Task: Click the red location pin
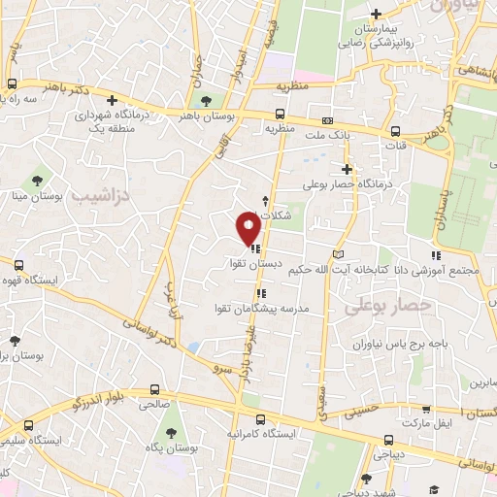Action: click(x=248, y=227)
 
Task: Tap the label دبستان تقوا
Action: click(x=235, y=263)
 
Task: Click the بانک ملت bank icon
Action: click(x=327, y=120)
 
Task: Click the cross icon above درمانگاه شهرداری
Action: click(x=112, y=99)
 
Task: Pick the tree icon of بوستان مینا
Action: click(x=37, y=180)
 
